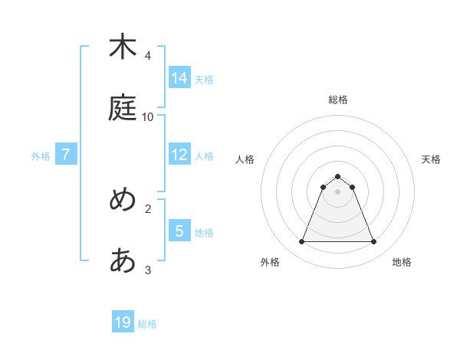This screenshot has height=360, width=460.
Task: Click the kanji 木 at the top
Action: point(123,47)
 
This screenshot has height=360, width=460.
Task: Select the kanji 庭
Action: point(123,107)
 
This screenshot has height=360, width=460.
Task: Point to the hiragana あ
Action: point(123,260)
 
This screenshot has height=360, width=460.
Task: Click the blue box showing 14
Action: point(179,77)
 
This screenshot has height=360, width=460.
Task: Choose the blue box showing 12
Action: point(179,155)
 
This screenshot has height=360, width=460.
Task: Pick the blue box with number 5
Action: point(179,231)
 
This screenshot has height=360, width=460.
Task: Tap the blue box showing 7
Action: point(66,155)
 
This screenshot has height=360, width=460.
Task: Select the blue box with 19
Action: point(123,322)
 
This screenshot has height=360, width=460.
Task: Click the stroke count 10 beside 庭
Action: point(148,117)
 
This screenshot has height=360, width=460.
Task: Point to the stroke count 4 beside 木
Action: point(147,56)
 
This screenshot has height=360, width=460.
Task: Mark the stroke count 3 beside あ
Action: point(147,270)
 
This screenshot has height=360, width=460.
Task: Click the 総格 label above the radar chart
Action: point(337,100)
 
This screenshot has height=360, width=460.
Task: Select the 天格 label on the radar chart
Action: point(432,159)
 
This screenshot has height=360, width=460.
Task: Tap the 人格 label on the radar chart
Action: point(245,159)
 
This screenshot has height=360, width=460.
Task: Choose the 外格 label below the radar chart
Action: point(270,262)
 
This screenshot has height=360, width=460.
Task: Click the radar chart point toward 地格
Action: point(373,242)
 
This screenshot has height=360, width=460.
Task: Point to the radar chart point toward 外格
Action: point(301,242)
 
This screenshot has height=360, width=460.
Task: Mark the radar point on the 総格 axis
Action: point(337,176)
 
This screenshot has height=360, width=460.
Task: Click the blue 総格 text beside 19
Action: point(147,324)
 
